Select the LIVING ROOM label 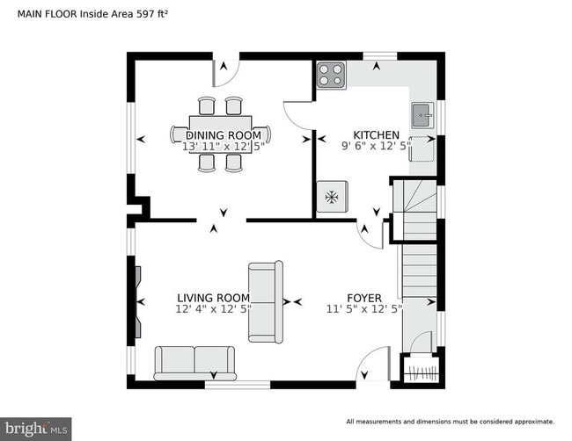coord(213,298)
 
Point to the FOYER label coord(363,298)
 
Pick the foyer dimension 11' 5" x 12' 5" coord(364,309)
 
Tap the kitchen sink coord(422,112)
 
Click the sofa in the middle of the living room coord(265,301)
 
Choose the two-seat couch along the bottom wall coord(194,362)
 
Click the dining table coord(220,134)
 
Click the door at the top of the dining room coord(226,74)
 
